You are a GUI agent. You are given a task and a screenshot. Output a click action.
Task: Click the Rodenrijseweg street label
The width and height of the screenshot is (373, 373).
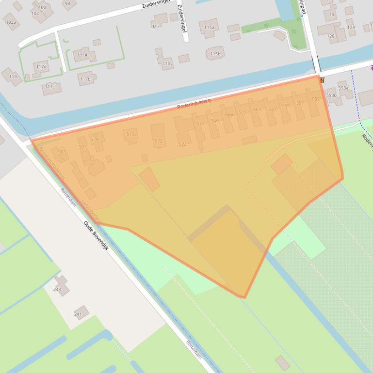pyautogui.click(x=194, y=104)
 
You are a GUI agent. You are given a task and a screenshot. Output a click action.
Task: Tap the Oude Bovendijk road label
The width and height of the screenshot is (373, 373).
pyautogui.click(x=96, y=236)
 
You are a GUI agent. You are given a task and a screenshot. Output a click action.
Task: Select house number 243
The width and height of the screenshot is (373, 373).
pyautogui.click(x=57, y=289)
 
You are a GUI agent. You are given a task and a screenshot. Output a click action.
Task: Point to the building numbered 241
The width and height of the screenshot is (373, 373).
pyautogui.click(x=78, y=314)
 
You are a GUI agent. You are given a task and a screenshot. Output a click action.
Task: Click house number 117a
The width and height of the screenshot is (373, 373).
pyautogui.click(x=82, y=54)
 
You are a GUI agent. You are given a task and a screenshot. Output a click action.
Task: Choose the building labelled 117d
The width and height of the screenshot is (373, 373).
pyautogui.click(x=41, y=66)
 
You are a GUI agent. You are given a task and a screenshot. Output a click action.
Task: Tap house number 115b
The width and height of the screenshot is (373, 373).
pyautogui.click(x=215, y=54)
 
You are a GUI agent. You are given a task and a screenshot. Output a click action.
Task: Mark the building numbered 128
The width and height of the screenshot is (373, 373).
pyautogui.click(x=331, y=36)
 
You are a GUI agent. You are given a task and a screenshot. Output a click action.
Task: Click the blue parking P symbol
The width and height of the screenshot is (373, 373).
pyautogui.click(x=301, y=16)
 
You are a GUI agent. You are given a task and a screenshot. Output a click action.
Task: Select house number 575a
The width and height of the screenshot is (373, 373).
pyautogui.click(x=131, y=134)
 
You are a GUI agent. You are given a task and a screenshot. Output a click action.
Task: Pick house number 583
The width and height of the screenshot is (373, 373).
pyautogui.click(x=62, y=152)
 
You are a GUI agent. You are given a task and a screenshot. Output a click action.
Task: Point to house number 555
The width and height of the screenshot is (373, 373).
pyautogui.click(x=316, y=99)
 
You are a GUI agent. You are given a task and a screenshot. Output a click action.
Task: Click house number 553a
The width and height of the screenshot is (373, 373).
pyautogui.click(x=343, y=88)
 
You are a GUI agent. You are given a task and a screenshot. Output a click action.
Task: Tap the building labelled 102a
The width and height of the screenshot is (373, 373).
pyautogui.click(x=11, y=22)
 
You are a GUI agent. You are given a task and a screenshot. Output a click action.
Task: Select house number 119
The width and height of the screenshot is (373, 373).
pyautogui.click(x=13, y=77)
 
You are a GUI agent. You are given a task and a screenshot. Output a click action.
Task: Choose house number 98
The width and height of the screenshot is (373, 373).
pyautogui.click(x=67, y=4)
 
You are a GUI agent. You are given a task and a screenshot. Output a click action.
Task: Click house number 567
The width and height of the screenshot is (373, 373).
pyautogui.click(x=229, y=116)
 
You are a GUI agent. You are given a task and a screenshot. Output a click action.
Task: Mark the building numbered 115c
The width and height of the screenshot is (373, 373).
pyautogui.click(x=167, y=63)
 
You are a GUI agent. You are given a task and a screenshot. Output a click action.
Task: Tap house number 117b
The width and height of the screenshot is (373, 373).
pyautogui.click(x=85, y=79)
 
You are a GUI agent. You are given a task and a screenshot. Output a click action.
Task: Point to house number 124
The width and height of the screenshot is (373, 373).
pyautogui.click(x=351, y=27)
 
